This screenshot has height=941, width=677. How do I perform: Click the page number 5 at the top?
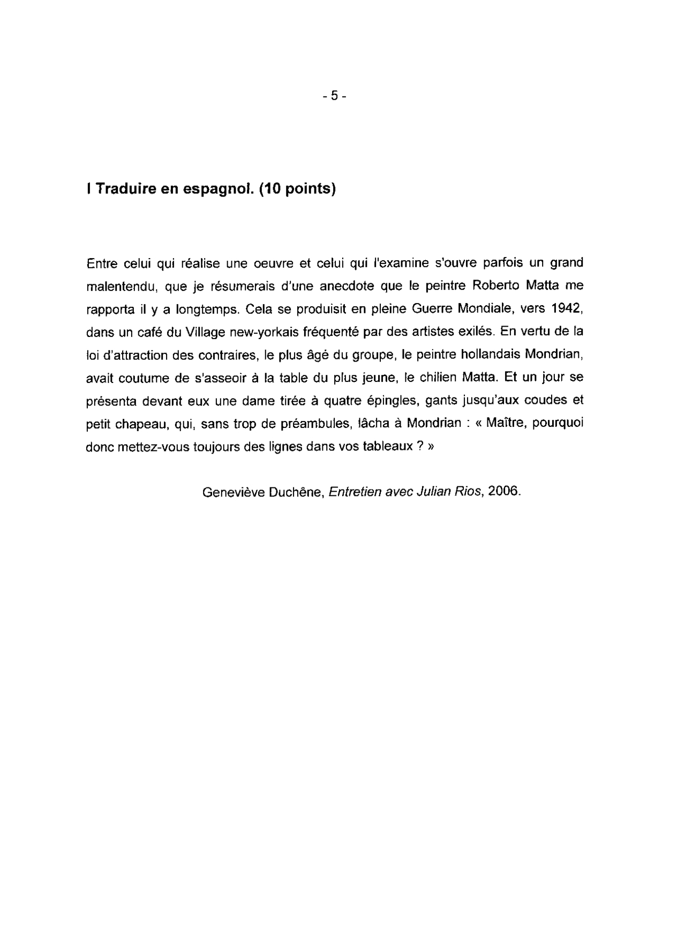coord(335,96)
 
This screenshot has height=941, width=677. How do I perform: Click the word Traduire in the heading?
coord(125,190)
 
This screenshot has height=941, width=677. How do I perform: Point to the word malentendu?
coord(120,286)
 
